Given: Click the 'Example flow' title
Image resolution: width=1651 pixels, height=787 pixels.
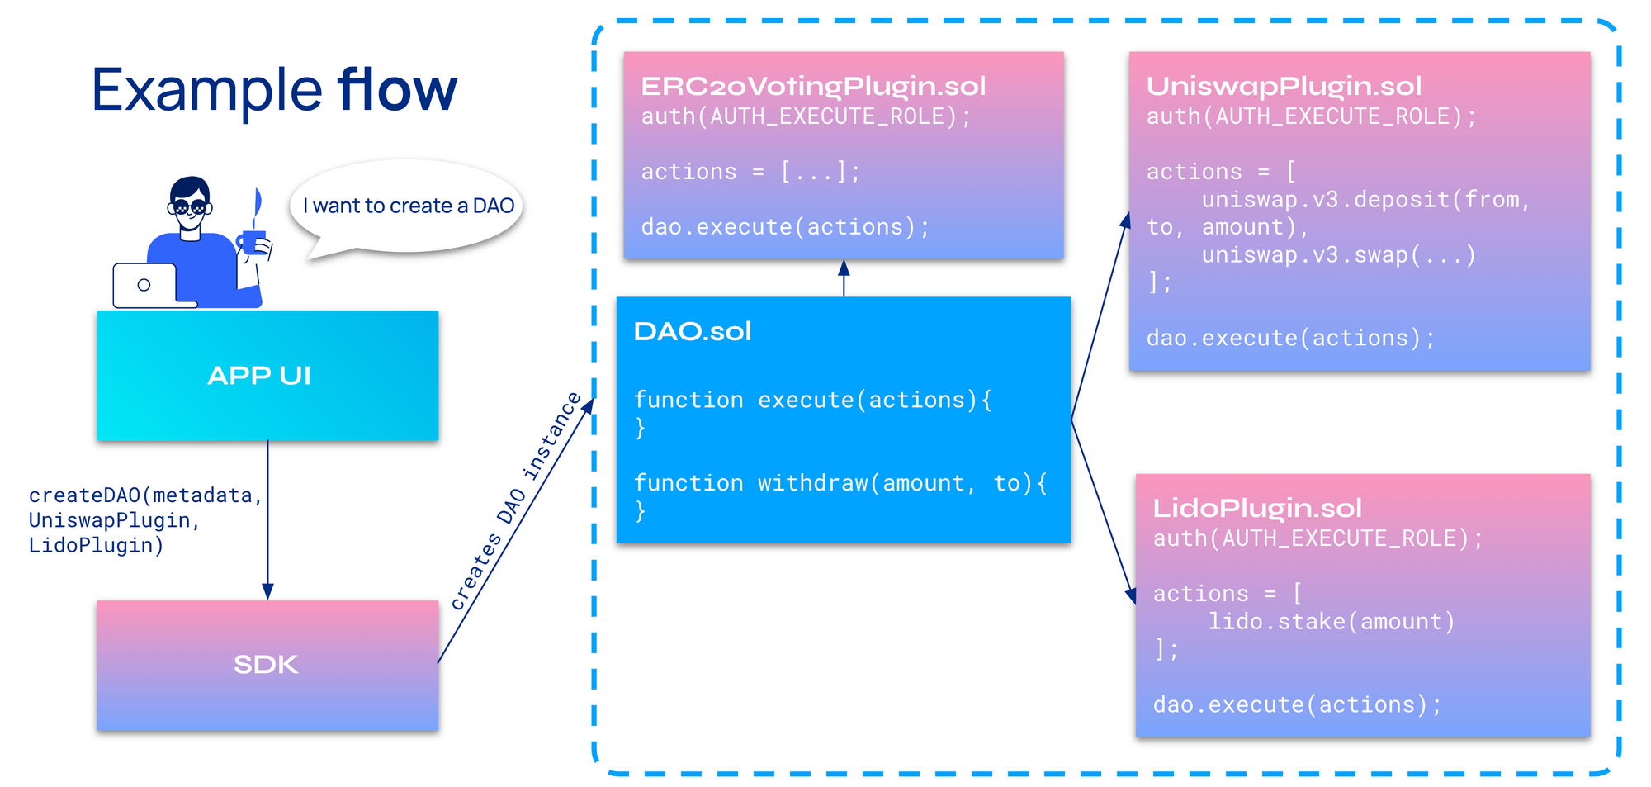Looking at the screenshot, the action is pyautogui.click(x=274, y=89).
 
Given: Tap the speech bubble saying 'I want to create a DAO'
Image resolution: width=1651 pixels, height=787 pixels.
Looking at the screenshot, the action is pyautogui.click(x=406, y=207).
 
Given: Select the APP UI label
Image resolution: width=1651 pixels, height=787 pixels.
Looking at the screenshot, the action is pyautogui.click(x=259, y=376).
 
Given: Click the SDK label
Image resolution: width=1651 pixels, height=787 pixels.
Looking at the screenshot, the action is pyautogui.click(x=266, y=665).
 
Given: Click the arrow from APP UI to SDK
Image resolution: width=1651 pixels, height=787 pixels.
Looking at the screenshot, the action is pyautogui.click(x=267, y=519).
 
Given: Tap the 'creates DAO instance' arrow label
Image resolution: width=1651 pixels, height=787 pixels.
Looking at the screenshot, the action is pyautogui.click(x=515, y=501).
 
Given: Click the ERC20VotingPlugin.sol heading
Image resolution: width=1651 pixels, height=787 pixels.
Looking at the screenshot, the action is pyautogui.click(x=813, y=86).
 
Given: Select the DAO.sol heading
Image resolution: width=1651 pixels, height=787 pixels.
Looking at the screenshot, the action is pyautogui.click(x=693, y=331).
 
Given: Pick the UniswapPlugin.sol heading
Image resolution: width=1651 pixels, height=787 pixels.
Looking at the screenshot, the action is pyautogui.click(x=1284, y=86).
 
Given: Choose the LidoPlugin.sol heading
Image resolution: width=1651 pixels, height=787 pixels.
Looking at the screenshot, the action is pyautogui.click(x=1257, y=508).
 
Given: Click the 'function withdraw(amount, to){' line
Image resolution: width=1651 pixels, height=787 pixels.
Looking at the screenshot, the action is pyautogui.click(x=840, y=483).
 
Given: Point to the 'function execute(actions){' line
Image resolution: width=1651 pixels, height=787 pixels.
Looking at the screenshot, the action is pyautogui.click(x=813, y=400).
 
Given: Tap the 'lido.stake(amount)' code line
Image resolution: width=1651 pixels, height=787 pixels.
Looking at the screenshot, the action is pyautogui.click(x=1332, y=621).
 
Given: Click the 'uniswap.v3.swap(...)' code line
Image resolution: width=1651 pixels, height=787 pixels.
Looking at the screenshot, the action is pyautogui.click(x=1338, y=254).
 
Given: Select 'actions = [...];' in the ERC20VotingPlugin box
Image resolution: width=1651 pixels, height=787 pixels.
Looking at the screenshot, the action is pyautogui.click(x=750, y=172).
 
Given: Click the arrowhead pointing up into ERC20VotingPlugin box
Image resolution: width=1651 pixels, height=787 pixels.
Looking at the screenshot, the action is pyautogui.click(x=844, y=268).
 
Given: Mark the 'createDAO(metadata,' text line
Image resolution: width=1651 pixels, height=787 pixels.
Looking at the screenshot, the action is pyautogui.click(x=145, y=495).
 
